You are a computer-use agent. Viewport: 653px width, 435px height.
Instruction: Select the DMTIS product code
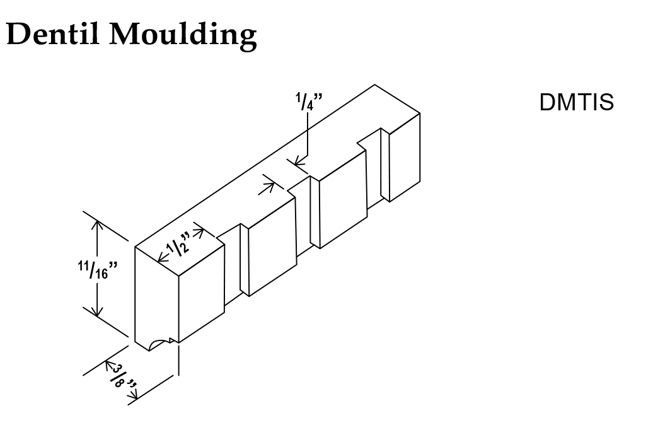(x=576, y=103)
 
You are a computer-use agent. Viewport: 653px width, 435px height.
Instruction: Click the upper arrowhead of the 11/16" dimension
(x=97, y=224)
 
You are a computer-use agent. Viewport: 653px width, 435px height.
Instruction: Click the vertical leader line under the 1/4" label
(x=307, y=136)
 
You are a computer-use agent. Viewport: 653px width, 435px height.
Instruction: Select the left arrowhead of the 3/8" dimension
(x=107, y=366)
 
